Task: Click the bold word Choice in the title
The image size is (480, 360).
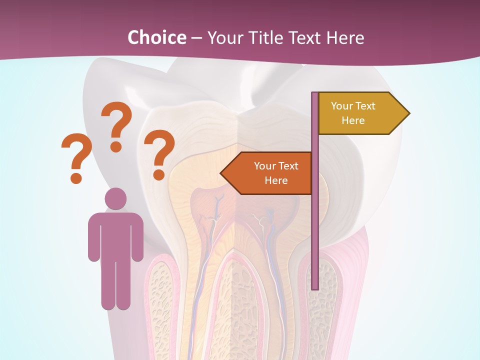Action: point(156,37)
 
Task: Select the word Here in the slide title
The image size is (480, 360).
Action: point(345,37)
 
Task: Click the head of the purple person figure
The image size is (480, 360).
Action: point(115,199)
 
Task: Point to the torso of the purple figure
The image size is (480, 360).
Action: point(115,235)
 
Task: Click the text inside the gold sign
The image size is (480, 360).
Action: point(353,113)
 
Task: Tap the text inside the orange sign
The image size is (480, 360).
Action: point(276,173)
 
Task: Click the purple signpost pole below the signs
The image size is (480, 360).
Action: point(315,240)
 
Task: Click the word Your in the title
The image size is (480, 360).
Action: point(224,37)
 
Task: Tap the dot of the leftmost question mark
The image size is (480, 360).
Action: point(76,177)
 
